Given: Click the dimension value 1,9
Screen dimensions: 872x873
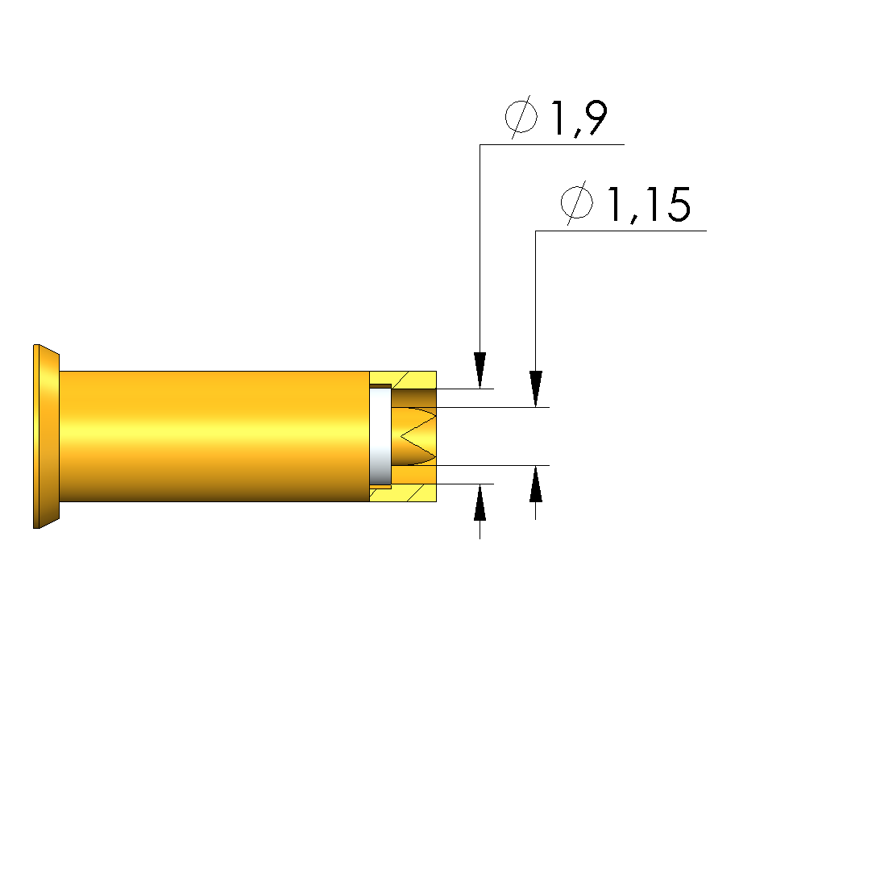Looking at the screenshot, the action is [579, 118].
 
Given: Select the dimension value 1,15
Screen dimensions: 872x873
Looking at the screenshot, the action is [648, 204].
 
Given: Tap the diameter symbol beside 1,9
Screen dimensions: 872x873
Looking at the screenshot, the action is [521, 117].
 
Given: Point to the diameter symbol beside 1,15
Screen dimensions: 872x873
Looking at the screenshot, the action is [577, 203].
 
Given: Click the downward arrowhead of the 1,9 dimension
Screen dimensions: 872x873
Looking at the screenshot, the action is [480, 370].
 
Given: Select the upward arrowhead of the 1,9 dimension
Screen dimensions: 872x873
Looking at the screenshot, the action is [480, 502].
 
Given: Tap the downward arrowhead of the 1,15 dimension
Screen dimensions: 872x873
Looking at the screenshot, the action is [535, 389].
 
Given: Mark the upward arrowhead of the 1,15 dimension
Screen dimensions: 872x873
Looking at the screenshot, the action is [535, 484].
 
